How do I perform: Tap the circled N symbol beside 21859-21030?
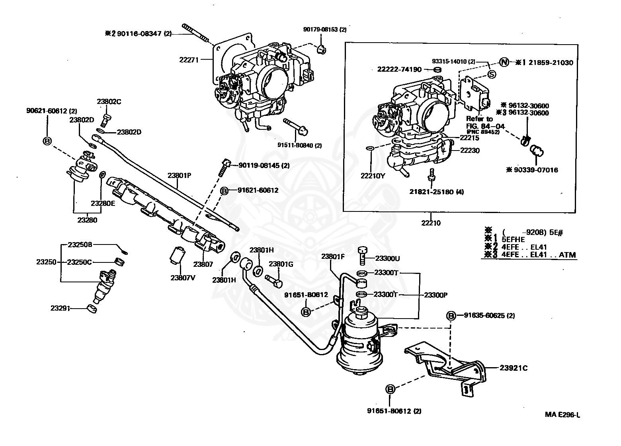click(x=504, y=62)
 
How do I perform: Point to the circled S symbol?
click(x=491, y=74)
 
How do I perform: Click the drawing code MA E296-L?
click(x=562, y=415)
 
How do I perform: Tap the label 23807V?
click(x=183, y=278)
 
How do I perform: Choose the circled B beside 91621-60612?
click(x=224, y=191)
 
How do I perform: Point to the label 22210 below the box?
click(x=432, y=223)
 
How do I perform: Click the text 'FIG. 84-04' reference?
click(x=485, y=126)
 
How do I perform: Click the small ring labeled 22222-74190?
click(x=437, y=70)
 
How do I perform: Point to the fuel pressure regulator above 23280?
click(x=82, y=167)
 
